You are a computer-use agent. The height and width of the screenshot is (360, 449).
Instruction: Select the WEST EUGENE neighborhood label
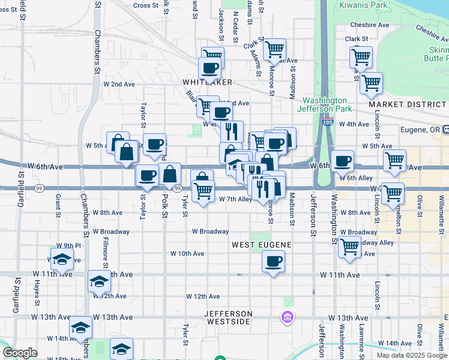(x=262, y=245)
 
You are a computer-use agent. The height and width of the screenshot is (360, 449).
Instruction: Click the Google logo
(x=20, y=353)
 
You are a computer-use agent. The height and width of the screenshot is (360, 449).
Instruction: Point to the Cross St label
(x=145, y=5)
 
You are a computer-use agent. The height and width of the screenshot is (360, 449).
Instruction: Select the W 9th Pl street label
(x=68, y=245)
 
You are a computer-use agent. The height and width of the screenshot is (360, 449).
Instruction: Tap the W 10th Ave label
(x=187, y=253)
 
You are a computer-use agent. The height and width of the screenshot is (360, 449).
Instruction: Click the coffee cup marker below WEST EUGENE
(x=273, y=262)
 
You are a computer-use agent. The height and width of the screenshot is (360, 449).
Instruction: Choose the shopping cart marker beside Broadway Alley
(x=349, y=247)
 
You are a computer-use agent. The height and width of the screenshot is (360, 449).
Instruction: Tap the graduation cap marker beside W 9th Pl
(x=61, y=260)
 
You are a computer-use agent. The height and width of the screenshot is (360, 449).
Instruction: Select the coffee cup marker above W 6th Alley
(x=342, y=161)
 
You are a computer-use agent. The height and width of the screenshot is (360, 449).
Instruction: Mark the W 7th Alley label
(x=235, y=199)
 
